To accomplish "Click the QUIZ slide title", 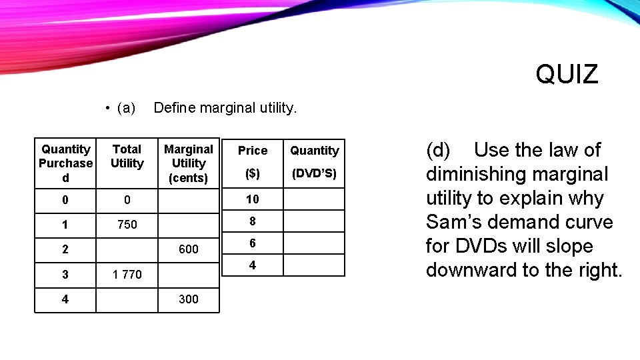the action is pos(567,74).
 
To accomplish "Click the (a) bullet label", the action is pos(125,108).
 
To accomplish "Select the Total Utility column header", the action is pos(127,157).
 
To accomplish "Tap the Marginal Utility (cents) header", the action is pos(189,163).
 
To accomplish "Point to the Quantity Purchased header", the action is pos(65,163).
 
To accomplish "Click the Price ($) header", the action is pos(252,161).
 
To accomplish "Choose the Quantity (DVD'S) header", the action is pos(315,161).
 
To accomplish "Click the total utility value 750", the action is pos(127,225).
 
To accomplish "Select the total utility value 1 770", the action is pos(127,274).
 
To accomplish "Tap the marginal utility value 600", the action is pos(189,249).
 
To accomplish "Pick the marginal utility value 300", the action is pos(189,299).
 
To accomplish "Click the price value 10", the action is pos(252,199).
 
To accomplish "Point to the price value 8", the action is pos(252,221).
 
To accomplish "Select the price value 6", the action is pos(252,243).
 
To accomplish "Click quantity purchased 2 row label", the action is pos(65,249).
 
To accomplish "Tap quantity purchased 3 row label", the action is pos(65,274).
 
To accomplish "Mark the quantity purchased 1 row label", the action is pos(65,225).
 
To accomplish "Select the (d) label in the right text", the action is pos(438,150).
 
